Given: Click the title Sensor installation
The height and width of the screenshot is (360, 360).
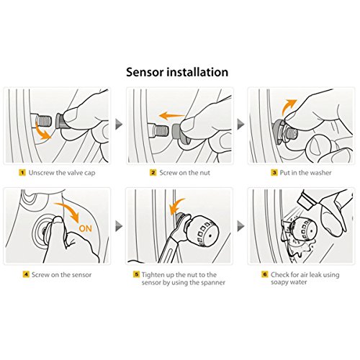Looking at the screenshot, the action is click(177, 72).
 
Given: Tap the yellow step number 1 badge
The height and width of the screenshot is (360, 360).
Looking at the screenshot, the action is click(22, 173).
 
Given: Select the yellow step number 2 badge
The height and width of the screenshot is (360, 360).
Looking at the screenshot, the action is click(153, 173).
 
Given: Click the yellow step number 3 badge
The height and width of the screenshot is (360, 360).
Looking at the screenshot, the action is click(274, 173).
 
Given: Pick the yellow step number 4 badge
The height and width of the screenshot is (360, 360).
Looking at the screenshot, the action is click(26, 274).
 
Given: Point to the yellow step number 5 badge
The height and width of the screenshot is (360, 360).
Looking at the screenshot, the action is click(136, 274).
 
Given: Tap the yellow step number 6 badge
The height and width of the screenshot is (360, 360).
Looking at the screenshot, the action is click(265, 274).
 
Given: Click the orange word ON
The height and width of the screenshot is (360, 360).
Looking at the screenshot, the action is click(86, 228).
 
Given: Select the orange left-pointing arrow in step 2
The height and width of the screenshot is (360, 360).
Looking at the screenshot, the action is click(171, 116).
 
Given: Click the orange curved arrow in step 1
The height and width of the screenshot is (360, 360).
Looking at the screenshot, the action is click(41, 132).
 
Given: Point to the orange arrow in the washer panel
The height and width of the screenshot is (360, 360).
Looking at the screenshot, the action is click(288, 106).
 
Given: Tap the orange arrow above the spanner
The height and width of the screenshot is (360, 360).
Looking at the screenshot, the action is click(176, 206).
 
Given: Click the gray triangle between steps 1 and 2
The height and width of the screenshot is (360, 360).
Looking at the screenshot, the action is click(119, 124).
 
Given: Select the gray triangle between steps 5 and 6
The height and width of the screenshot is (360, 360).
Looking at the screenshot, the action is click(240, 226).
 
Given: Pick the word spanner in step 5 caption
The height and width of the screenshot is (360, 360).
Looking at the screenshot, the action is click(213, 282).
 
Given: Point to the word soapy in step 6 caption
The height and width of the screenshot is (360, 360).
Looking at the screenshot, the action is click(279, 282).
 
